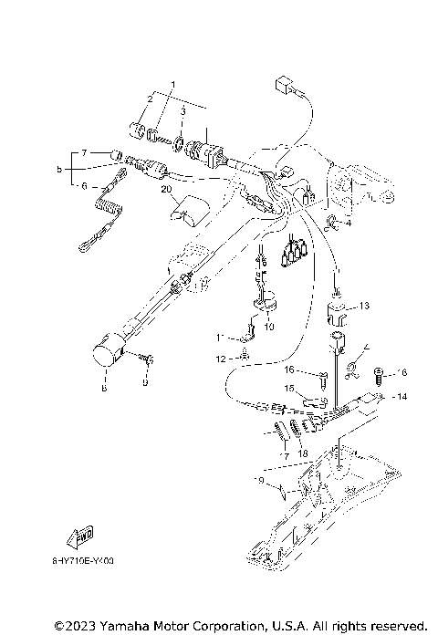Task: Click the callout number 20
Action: [x=166, y=190]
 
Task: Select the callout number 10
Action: [x=268, y=325]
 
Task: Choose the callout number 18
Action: [x=303, y=453]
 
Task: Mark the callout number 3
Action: [x=182, y=111]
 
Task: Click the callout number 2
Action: [x=151, y=98]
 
